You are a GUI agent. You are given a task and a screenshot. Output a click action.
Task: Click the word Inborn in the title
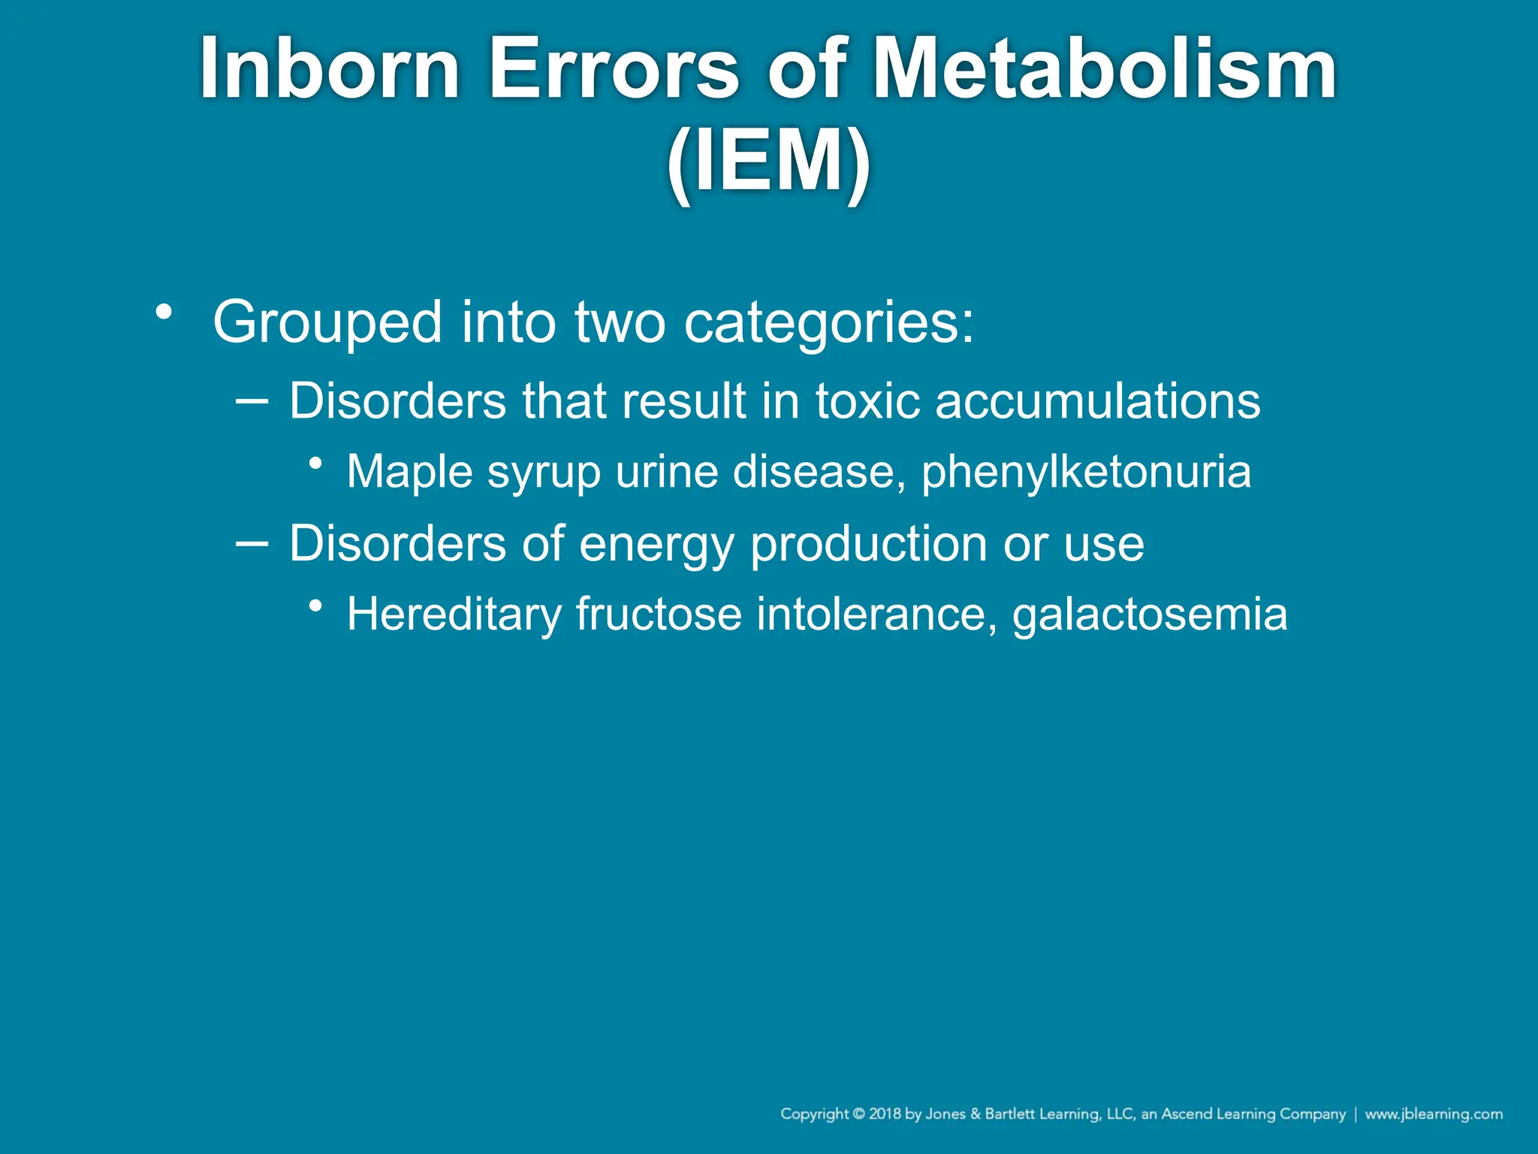(x=329, y=69)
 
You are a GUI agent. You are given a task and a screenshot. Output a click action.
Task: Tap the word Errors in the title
(x=614, y=69)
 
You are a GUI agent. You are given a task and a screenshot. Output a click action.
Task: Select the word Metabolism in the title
(x=1103, y=69)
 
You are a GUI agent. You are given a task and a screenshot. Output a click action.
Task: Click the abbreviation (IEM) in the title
(x=768, y=162)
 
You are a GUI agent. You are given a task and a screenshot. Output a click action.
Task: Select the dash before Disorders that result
(x=252, y=401)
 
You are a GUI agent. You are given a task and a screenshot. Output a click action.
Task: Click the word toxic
(x=867, y=400)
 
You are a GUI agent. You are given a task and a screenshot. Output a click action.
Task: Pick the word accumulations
(x=1097, y=400)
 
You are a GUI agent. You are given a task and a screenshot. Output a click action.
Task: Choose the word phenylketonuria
(x=1086, y=472)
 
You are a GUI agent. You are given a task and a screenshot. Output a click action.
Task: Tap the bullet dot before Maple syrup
(x=316, y=463)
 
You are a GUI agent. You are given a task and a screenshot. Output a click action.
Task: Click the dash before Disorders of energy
(x=252, y=543)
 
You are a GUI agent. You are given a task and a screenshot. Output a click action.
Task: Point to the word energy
(x=656, y=544)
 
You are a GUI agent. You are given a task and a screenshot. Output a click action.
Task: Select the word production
(x=868, y=544)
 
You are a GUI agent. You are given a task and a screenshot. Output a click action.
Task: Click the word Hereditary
(x=454, y=614)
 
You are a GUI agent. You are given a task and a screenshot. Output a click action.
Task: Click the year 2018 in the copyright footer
(x=885, y=1114)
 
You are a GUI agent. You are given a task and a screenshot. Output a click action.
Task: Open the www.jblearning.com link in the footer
(x=1433, y=1114)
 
